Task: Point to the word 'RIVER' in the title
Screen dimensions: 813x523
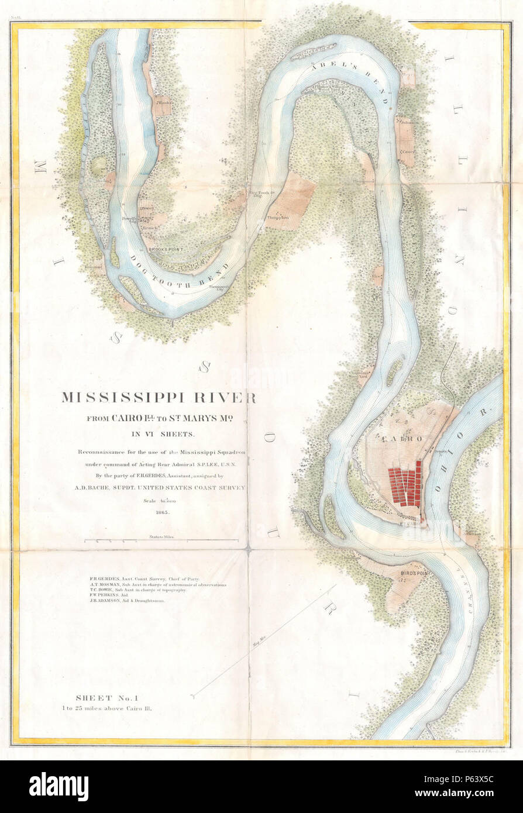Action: click(x=231, y=398)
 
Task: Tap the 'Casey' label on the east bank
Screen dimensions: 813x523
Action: click(x=407, y=151)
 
